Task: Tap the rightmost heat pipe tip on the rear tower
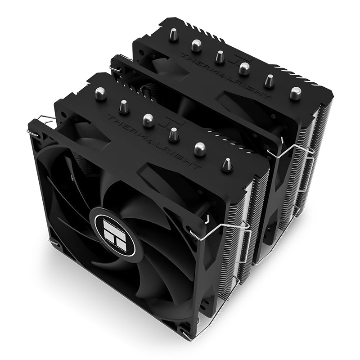pyautogui.click(x=295, y=93)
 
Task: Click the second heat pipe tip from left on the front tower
pyautogui.click(x=123, y=106)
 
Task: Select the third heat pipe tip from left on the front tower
pyautogui.click(x=147, y=119)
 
